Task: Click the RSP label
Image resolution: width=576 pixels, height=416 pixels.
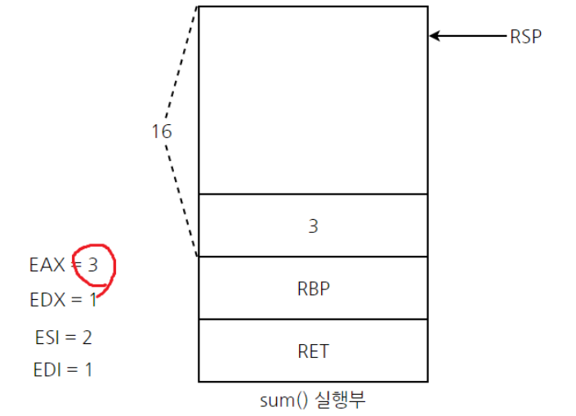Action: point(525,37)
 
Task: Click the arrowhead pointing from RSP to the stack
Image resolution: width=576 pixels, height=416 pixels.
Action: point(435,36)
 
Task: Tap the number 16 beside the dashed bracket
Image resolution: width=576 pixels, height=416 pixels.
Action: point(162,131)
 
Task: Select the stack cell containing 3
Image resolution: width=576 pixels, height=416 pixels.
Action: point(313,226)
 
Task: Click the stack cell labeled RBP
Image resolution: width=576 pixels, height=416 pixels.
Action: point(313,288)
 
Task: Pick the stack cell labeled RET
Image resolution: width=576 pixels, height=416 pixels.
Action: point(313,351)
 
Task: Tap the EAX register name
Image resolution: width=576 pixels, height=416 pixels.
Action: point(46,266)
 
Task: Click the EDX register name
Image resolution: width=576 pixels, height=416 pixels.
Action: point(47,300)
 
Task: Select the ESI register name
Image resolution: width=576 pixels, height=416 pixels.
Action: point(48,336)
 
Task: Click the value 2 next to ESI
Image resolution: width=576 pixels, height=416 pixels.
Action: point(87,336)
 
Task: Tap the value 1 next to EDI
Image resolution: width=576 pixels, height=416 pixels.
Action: point(87,369)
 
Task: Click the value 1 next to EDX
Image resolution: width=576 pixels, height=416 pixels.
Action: point(93,300)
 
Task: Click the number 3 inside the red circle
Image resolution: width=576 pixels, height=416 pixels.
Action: point(94,266)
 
